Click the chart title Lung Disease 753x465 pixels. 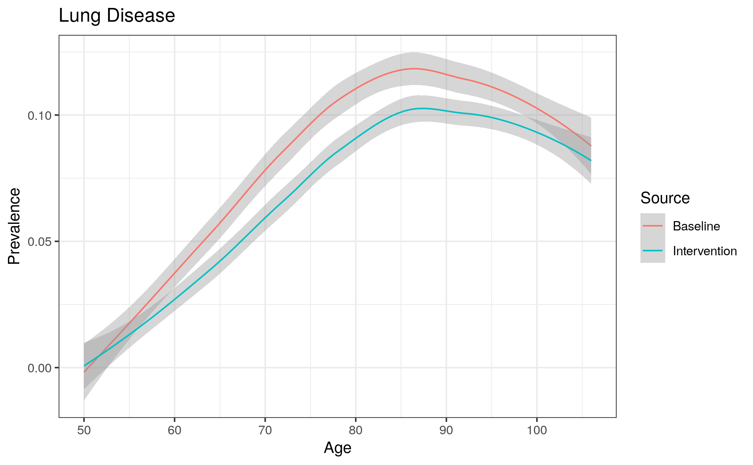(x=117, y=16)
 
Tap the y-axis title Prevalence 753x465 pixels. (x=14, y=226)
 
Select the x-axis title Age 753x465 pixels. (x=337, y=448)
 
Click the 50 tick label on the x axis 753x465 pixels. (x=84, y=430)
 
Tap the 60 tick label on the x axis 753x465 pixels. (x=175, y=430)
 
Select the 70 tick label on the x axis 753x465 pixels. (x=265, y=430)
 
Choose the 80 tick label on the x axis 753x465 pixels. (x=356, y=430)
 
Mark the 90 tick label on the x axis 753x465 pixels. (x=446, y=430)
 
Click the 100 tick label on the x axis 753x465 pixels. (x=537, y=430)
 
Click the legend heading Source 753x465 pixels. (x=665, y=198)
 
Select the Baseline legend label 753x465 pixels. (x=696, y=226)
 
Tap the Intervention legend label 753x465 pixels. (x=704, y=251)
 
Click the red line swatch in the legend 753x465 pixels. (x=652, y=226)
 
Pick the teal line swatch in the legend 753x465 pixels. (x=652, y=250)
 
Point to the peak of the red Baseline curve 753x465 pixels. (x=414, y=69)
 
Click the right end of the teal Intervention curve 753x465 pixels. (x=591, y=160)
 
